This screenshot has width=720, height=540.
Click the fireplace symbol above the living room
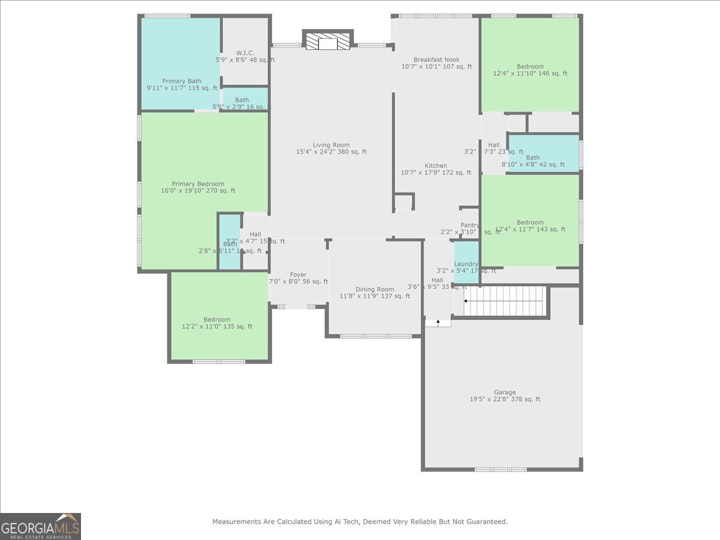[328, 41]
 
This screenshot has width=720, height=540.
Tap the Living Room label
[331, 145]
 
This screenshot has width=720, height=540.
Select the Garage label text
[505, 392]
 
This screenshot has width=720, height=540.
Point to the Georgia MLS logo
[40, 526]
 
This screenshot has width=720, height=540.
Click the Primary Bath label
[182, 81]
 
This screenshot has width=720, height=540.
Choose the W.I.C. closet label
[245, 53]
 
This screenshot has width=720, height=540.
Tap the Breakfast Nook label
[436, 59]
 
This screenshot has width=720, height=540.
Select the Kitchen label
[436, 166]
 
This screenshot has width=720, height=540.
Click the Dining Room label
[375, 289]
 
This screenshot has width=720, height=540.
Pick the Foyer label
[298, 275]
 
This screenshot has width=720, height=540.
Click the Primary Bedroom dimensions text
[198, 191]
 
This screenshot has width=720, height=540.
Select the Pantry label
[470, 225]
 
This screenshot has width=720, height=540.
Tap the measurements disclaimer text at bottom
[360, 522]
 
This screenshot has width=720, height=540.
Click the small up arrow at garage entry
[439, 322]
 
